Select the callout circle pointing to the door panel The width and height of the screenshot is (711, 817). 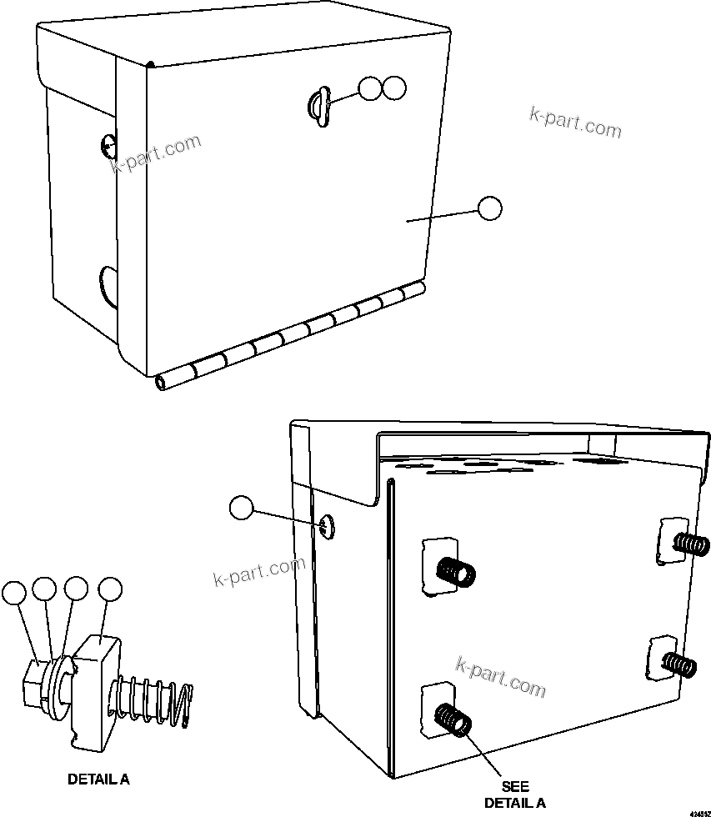[x=490, y=208]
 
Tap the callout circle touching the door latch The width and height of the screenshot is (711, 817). [x=370, y=88]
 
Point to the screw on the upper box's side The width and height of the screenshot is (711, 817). [x=107, y=146]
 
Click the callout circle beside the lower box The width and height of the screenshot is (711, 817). [x=241, y=507]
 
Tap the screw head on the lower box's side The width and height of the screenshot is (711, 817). [x=326, y=526]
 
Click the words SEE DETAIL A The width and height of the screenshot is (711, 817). [x=514, y=794]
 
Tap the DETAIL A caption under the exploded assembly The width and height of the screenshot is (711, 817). [x=98, y=780]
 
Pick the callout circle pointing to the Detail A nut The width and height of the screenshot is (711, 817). [x=14, y=593]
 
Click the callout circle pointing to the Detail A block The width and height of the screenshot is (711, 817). [x=110, y=589]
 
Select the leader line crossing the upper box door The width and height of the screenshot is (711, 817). [x=442, y=214]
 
